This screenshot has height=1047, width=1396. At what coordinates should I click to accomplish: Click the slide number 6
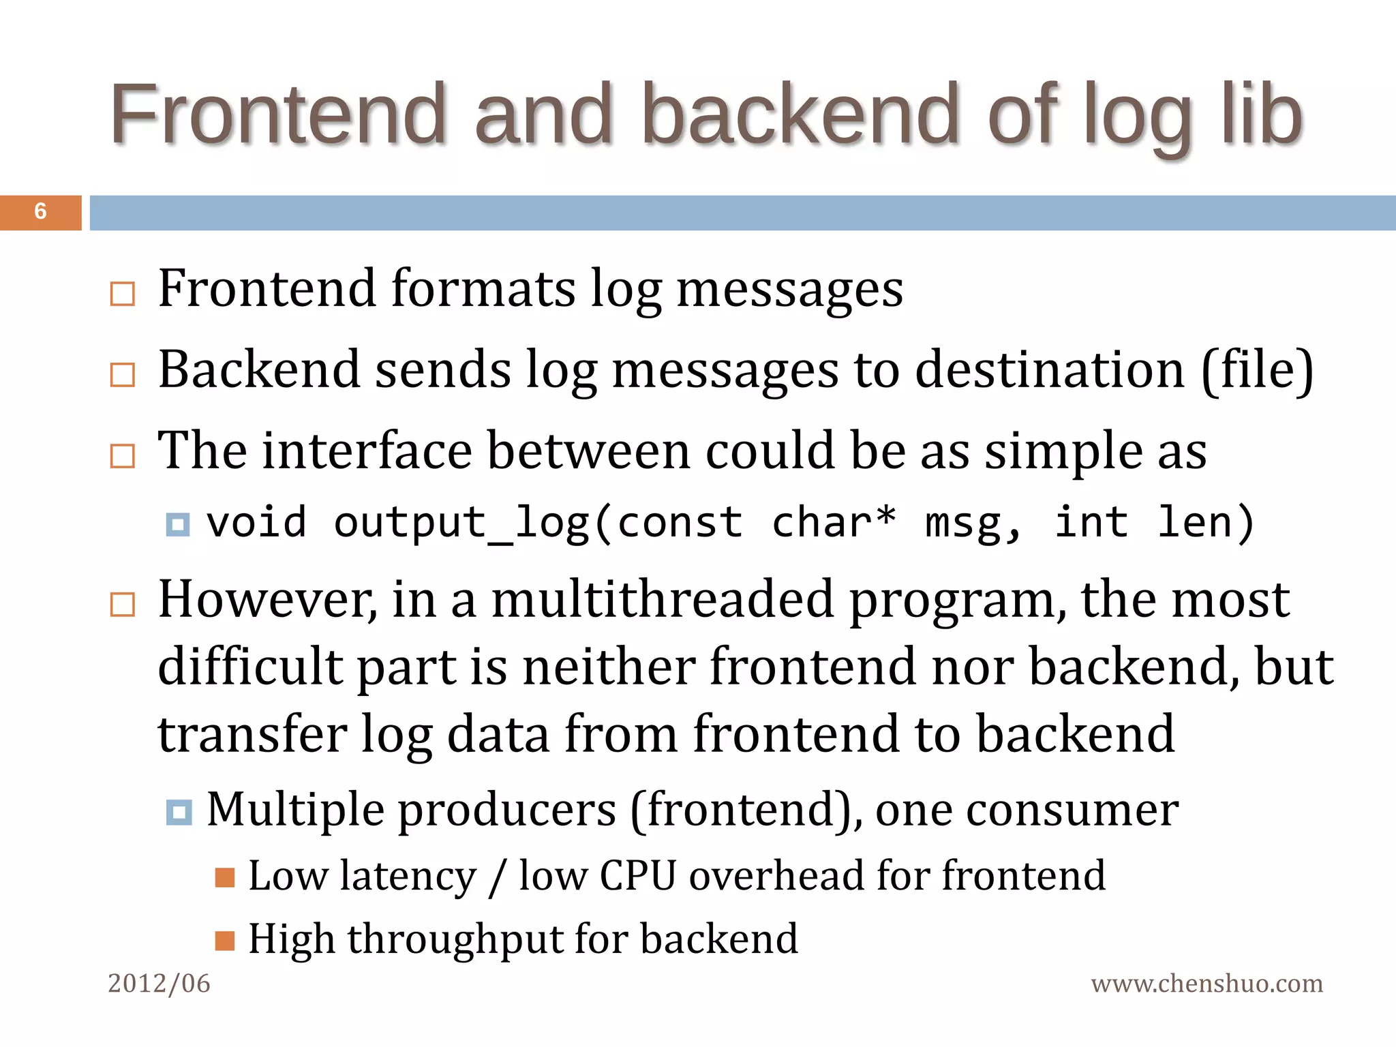40,211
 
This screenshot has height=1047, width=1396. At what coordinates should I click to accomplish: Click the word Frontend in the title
278,114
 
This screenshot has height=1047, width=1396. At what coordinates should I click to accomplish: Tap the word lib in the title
1261,114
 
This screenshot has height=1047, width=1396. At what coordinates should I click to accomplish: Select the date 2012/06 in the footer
159,983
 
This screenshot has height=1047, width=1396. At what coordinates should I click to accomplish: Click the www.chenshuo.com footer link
1207,983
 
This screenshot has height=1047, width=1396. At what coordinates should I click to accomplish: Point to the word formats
483,288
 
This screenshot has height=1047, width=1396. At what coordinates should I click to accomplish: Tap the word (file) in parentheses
1257,369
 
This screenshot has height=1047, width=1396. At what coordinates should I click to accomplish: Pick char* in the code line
834,523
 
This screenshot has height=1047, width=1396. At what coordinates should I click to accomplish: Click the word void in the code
256,523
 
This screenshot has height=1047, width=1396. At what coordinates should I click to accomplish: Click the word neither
609,666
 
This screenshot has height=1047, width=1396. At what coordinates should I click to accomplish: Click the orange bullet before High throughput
224,941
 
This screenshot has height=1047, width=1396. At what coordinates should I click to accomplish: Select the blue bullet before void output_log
178,524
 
